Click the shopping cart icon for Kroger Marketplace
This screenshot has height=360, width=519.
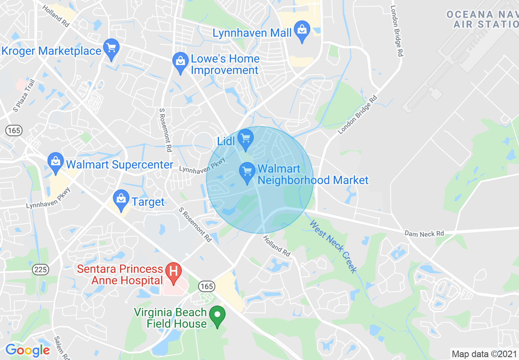click(111, 48)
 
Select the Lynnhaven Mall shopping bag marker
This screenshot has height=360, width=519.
click(302, 31)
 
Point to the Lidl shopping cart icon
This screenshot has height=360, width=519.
click(246, 138)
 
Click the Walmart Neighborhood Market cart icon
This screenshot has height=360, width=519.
click(247, 171)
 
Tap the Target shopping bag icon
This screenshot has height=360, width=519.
click(121, 199)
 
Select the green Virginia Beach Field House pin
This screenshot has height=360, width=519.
click(217, 315)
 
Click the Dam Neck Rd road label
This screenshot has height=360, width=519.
click(424, 234)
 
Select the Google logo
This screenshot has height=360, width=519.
click(27, 350)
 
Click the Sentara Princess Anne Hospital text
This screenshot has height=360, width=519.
click(120, 274)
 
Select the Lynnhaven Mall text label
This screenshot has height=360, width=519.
click(252, 33)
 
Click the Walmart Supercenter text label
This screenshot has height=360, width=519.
click(120, 165)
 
